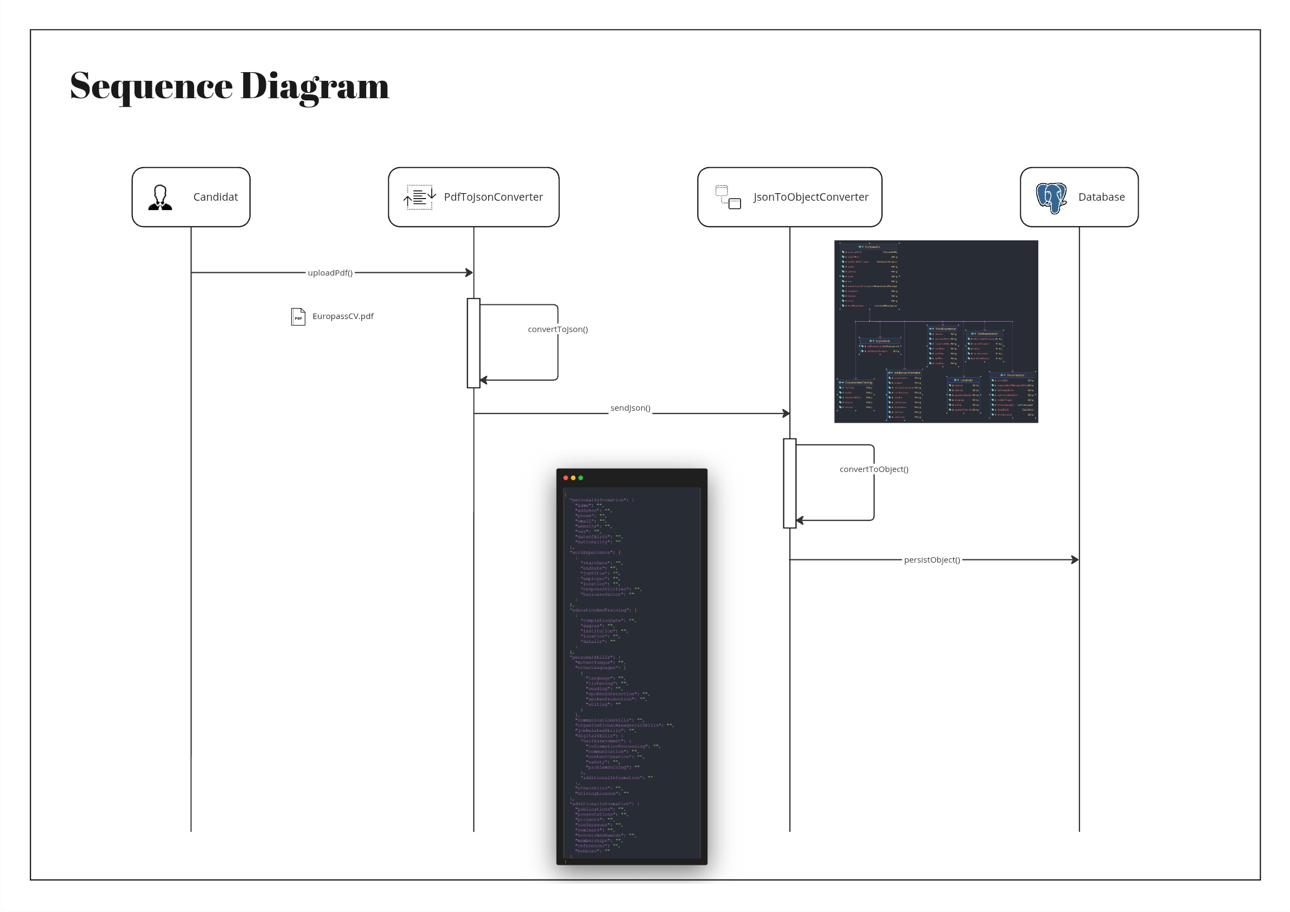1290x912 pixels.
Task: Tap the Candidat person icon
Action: tap(160, 198)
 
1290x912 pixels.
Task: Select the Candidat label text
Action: tap(215, 197)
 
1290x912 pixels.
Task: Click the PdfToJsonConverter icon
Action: tap(419, 197)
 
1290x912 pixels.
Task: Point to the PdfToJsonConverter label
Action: tap(493, 197)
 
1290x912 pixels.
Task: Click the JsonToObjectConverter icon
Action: tap(727, 197)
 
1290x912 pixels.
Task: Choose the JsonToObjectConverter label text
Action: tap(810, 197)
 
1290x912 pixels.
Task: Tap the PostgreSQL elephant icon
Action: tap(1051, 198)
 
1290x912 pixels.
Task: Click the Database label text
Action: tap(1101, 197)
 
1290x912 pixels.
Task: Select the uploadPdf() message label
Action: tap(330, 273)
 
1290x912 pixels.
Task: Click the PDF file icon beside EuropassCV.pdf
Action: tap(298, 317)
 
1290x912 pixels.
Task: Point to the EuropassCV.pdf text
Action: tap(343, 316)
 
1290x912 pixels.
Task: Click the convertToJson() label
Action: tap(557, 329)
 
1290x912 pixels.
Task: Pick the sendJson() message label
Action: tap(630, 408)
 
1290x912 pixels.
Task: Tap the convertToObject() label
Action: tap(873, 469)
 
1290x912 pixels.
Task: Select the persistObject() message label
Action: tap(931, 560)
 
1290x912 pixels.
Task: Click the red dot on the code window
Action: tap(565, 478)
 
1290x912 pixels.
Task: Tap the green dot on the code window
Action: tap(580, 478)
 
